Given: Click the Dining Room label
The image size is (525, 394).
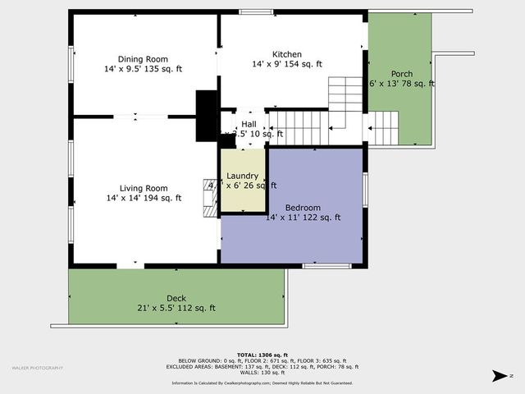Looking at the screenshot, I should tap(143, 58).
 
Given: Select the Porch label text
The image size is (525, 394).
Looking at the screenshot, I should tap(401, 73).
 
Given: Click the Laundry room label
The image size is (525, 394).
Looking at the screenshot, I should tap(243, 176).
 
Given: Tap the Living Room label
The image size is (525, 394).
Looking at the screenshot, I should tap(144, 187).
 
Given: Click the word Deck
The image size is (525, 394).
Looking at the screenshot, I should tap(176, 298).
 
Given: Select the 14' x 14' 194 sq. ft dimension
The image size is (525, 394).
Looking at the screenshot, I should tap(144, 198).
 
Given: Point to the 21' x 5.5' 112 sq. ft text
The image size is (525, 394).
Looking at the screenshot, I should tap(176, 308).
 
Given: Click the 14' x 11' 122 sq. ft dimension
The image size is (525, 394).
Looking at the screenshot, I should tap(303, 218).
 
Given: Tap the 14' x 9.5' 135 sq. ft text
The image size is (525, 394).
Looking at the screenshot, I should tap(144, 69).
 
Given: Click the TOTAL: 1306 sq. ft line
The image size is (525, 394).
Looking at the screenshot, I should tap(262, 355).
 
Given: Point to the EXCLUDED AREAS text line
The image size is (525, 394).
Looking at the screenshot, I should tap(262, 366).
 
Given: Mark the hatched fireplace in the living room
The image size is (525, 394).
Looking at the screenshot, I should tap(211, 196).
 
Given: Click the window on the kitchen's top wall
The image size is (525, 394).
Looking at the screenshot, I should tap(251, 11).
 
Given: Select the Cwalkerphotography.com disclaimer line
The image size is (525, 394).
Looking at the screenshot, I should tap(262, 383).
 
